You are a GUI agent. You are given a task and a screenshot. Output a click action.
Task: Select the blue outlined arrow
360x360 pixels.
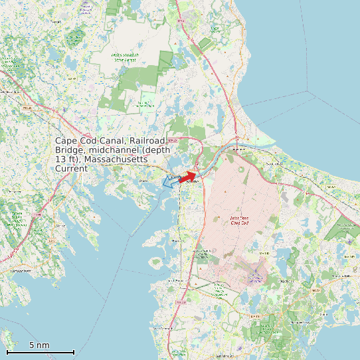pos(170,181)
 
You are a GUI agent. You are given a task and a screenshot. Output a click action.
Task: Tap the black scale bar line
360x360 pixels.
pos(40,351)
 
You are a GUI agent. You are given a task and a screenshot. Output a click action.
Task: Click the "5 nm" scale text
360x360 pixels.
pos(39,345)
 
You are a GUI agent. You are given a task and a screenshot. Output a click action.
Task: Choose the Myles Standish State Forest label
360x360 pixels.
pos(124,57)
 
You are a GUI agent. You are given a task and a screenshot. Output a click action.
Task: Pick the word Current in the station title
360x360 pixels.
pos(71,169)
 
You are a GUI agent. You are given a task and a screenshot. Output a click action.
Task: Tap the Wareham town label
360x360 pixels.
pos(141,180)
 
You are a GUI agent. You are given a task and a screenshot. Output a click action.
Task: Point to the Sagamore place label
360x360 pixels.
pos(238,150)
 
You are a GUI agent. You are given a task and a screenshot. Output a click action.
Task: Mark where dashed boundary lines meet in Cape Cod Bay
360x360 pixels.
pos(308,90)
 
